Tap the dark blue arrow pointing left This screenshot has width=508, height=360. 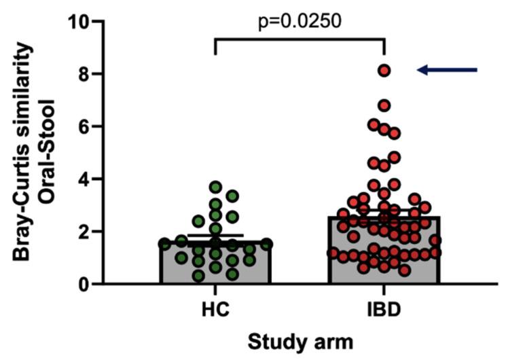coord(448,69)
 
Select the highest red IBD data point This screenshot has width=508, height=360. coord(384,70)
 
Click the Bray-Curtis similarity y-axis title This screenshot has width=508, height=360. coord(25,152)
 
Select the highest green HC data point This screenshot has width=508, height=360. coord(215,187)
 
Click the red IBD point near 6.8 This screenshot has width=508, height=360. coord(384,105)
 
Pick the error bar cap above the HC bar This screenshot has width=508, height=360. coord(215,236)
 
